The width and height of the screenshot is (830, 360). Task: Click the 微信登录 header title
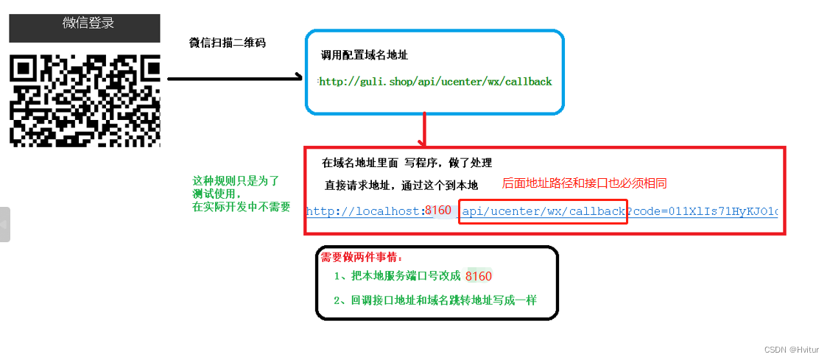click(x=88, y=23)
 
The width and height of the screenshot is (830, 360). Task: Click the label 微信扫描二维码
click(x=228, y=43)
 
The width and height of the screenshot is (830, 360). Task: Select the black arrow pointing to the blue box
click(x=236, y=77)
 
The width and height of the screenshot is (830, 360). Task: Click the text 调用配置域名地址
click(x=365, y=55)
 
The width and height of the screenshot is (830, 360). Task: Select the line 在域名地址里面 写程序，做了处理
click(x=407, y=163)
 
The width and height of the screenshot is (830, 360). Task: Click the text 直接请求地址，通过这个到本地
click(x=401, y=185)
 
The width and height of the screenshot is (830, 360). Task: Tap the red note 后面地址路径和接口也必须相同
click(x=584, y=183)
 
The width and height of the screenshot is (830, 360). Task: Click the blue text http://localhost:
click(x=365, y=211)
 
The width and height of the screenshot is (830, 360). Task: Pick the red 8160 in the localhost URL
click(x=438, y=211)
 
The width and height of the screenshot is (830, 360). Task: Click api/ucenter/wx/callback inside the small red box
click(x=543, y=212)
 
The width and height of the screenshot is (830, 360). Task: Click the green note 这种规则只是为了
click(x=236, y=181)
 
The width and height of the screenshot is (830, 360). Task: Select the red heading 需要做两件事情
click(x=362, y=258)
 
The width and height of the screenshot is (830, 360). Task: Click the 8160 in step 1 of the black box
click(x=479, y=276)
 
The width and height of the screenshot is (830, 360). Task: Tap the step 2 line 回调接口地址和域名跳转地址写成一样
click(x=435, y=300)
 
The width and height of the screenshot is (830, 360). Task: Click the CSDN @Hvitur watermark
click(x=792, y=350)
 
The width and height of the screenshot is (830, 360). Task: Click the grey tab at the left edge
click(x=5, y=225)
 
